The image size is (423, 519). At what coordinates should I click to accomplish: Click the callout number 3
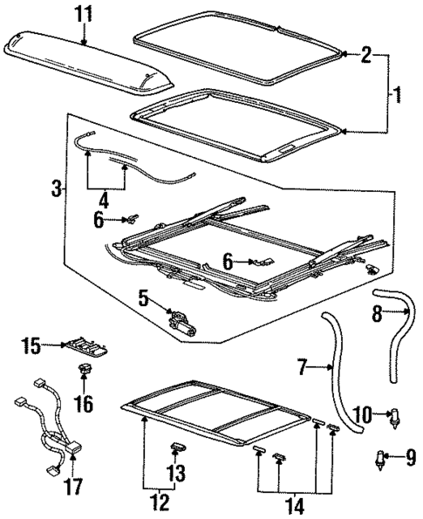[57, 188]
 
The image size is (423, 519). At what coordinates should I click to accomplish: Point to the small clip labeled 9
[381, 457]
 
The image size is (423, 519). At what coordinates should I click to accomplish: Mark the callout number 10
[363, 413]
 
